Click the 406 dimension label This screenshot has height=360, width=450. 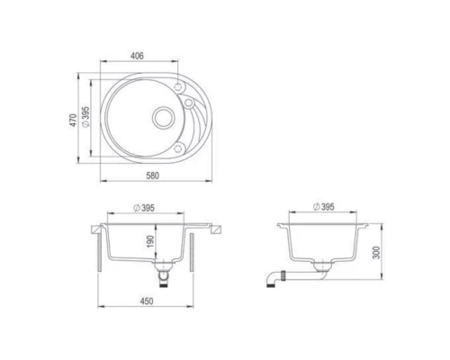pyautogui.click(x=137, y=56)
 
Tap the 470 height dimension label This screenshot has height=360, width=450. pyautogui.click(x=73, y=120)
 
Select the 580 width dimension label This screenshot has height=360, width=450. pyautogui.click(x=153, y=175)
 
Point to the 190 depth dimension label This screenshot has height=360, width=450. pyautogui.click(x=150, y=241)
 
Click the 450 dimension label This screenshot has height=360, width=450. pyautogui.click(x=147, y=301)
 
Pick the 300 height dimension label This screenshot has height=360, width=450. pyautogui.click(x=376, y=253)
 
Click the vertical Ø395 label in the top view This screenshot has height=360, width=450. pyautogui.click(x=85, y=117)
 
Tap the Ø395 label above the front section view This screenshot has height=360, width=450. pyautogui.click(x=144, y=208)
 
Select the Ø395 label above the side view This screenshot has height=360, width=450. pyautogui.click(x=323, y=207)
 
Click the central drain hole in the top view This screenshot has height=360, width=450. pyautogui.click(x=163, y=118)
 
